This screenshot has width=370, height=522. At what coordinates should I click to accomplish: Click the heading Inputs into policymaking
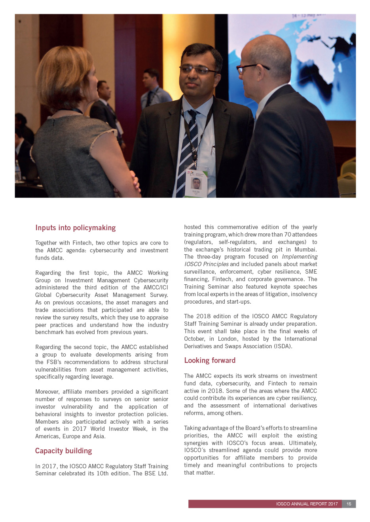point(75,228)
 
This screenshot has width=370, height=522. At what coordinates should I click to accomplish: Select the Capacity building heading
point(63,451)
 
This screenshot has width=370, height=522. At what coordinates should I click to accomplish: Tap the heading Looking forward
point(210,361)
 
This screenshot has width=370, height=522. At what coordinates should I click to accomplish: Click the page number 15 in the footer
point(349,504)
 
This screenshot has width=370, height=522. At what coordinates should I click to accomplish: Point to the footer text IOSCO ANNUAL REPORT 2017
point(307,504)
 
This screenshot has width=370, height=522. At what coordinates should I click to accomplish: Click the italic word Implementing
point(300,257)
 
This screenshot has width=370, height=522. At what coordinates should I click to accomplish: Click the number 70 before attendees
point(288,235)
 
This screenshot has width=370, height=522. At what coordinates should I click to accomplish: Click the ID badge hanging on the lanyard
point(196,183)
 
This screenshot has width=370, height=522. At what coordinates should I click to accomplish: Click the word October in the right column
point(194,339)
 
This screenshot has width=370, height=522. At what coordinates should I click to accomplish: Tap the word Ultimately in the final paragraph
point(302,443)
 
